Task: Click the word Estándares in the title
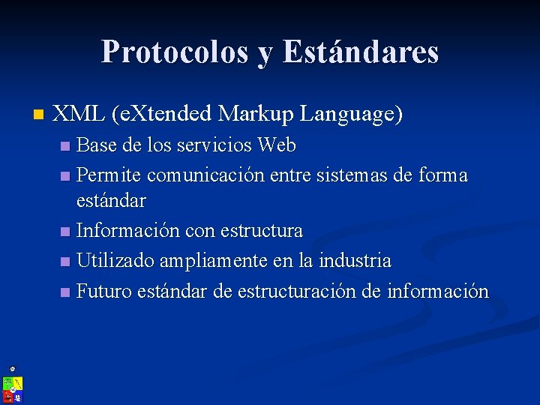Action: tap(361, 52)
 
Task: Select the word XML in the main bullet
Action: tap(79, 114)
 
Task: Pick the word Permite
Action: tap(109, 175)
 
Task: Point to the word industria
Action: tap(355, 260)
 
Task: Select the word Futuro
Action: tap(104, 291)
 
